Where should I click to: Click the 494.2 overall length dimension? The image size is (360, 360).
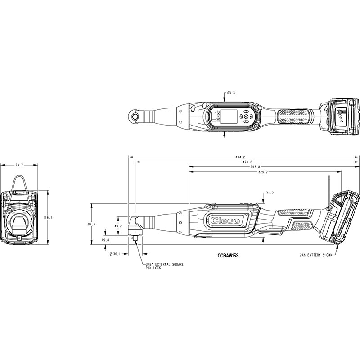click(x=241, y=157)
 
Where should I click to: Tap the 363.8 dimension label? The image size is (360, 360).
click(x=256, y=167)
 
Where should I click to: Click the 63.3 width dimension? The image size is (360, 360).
click(x=231, y=93)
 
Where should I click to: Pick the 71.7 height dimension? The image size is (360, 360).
click(x=270, y=193)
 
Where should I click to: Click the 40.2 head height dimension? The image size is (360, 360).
click(x=118, y=226)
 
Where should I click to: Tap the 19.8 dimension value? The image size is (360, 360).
click(x=105, y=240)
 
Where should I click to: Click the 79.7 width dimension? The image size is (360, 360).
click(x=19, y=165)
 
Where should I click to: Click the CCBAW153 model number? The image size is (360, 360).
click(x=228, y=256)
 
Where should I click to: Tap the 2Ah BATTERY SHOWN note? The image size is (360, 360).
click(x=316, y=255)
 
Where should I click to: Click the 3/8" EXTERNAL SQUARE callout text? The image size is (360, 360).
click(x=165, y=264)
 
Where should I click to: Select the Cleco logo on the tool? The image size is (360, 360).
click(x=225, y=220)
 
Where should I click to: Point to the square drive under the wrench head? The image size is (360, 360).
click(x=135, y=238)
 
